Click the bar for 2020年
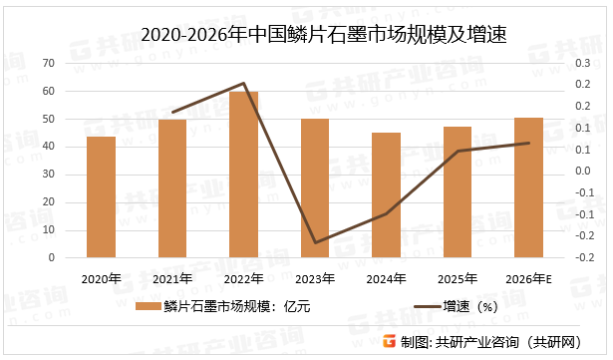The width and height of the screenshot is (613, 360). (x=101, y=197)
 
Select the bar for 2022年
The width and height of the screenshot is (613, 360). (x=244, y=175)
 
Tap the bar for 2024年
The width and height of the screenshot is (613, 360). (x=386, y=195)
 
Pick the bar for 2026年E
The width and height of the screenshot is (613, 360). (x=528, y=187)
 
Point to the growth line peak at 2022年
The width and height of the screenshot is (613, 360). (x=244, y=84)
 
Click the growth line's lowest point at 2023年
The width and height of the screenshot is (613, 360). (x=315, y=242)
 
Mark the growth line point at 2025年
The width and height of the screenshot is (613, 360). (x=458, y=151)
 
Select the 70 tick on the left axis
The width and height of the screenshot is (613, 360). (x=48, y=64)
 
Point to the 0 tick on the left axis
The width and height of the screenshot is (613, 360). (x=51, y=257)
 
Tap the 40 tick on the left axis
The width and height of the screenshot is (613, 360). (x=48, y=147)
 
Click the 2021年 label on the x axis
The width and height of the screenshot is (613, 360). (x=172, y=278)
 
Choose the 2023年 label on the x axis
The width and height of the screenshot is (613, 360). (x=315, y=278)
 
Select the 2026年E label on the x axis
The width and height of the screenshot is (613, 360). (x=528, y=278)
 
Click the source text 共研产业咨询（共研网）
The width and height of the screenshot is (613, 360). (x=521, y=341)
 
